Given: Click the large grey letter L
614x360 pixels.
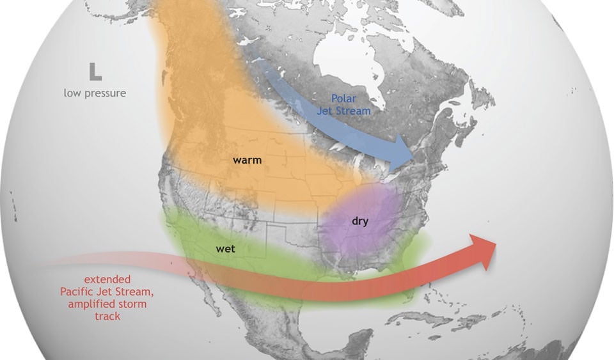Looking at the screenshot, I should [95, 72].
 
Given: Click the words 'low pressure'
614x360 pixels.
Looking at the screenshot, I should [95, 93].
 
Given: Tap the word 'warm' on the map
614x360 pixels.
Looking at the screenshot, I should [248, 160].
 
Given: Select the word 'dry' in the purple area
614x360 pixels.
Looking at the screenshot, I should [360, 221].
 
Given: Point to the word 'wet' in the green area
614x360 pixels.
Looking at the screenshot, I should [224, 249].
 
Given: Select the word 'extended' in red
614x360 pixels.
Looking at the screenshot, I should [107, 279].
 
